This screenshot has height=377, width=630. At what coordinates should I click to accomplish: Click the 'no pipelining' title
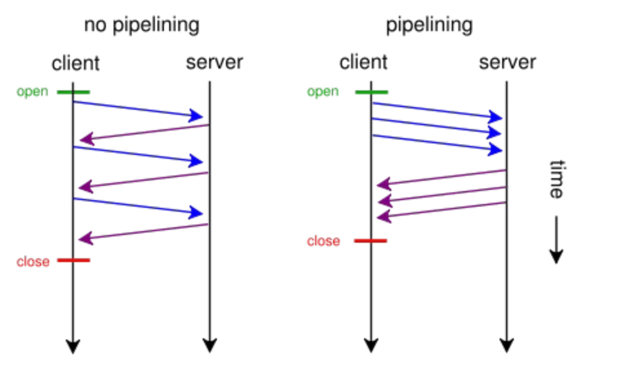coord(141,26)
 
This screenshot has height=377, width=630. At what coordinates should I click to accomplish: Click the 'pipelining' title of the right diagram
coord(429,26)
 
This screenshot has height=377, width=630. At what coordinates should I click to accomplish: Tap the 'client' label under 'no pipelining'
coord(76,63)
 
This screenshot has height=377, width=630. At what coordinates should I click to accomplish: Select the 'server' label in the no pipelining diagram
coord(214,63)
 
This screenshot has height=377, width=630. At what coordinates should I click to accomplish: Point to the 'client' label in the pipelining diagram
coord(363,63)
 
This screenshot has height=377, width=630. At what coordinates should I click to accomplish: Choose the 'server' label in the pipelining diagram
coord(507,63)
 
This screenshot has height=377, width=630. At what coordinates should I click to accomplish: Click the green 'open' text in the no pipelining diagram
coord(32,92)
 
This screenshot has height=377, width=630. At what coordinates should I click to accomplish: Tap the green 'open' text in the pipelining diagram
coord(323,92)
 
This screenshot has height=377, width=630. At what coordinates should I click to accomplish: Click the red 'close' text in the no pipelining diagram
coord(33,261)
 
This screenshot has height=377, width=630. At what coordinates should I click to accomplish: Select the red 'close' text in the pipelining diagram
coord(323,241)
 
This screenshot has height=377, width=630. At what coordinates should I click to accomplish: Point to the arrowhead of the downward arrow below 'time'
coord(556,256)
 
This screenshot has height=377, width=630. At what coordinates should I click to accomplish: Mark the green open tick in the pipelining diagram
coord(372,92)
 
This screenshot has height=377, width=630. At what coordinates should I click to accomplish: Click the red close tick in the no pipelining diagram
coord(74,260)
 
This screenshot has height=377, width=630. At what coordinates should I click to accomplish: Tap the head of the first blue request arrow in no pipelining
coord(196,116)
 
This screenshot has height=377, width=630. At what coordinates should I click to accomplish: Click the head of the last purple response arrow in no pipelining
coord(86,239)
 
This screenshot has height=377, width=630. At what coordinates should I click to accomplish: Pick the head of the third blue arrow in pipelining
coord(495,150)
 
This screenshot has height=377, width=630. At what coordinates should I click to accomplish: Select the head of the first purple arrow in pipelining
coord(384,184)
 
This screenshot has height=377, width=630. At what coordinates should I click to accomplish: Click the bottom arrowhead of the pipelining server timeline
coord(507,345)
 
